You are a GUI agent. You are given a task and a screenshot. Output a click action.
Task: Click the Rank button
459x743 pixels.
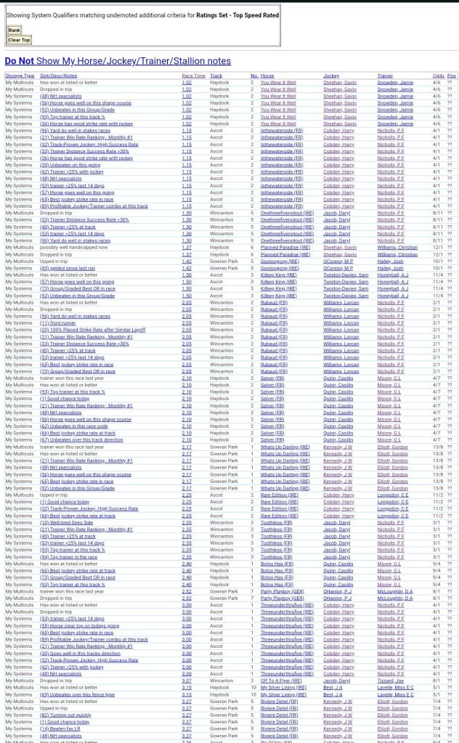(14, 31)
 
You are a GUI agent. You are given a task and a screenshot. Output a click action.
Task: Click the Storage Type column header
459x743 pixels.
(20, 76)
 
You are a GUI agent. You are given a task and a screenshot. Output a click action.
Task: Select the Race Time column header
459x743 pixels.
(193, 76)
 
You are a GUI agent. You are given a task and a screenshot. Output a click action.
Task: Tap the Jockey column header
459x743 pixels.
(331, 76)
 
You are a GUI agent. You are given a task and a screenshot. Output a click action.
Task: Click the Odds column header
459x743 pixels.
(438, 76)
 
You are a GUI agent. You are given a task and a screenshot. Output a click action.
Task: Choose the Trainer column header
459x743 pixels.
(385, 76)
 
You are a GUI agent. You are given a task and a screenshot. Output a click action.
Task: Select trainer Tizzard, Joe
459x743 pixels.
(391, 681)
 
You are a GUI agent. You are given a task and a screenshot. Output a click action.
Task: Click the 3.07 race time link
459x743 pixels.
(187, 681)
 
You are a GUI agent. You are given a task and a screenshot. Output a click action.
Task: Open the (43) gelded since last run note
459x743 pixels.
(68, 268)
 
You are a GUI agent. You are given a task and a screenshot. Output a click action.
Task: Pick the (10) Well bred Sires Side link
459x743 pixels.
(67, 522)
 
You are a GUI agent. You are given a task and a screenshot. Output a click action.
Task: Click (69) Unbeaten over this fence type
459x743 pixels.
(77, 694)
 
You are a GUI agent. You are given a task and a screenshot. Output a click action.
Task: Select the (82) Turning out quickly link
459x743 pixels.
(66, 715)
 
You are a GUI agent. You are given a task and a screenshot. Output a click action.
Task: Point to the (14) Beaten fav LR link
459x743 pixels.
(61, 728)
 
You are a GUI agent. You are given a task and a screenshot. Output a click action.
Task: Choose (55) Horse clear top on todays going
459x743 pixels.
(79, 625)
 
